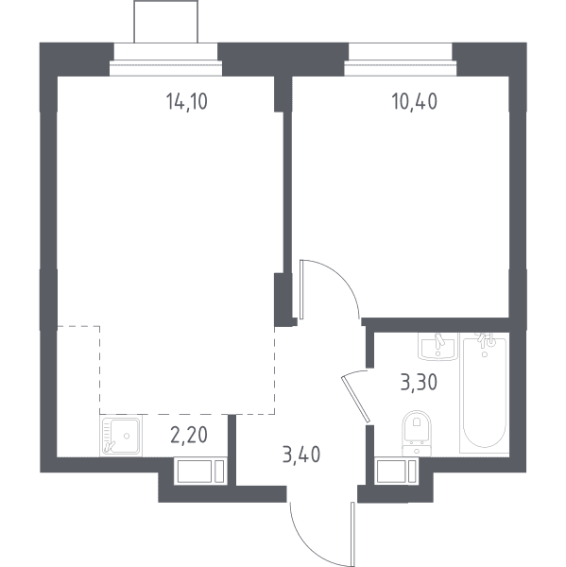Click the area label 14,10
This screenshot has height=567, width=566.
(x=186, y=101)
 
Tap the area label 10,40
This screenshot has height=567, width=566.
(x=415, y=101)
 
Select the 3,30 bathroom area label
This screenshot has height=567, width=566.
(x=420, y=382)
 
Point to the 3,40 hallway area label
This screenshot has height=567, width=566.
(x=301, y=455)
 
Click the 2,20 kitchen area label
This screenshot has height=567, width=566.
(x=189, y=435)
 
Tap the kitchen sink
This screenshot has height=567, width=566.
(x=121, y=436)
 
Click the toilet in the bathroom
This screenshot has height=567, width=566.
(x=417, y=432)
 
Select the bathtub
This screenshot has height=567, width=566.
(x=484, y=393)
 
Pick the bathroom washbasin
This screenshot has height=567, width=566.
(x=438, y=347)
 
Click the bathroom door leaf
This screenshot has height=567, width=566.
(x=355, y=399)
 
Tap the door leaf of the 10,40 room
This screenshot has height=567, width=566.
(x=301, y=290)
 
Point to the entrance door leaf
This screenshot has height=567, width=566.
(x=352, y=534)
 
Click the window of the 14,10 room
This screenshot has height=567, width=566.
(x=165, y=68)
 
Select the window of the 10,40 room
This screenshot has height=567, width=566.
(x=401, y=68)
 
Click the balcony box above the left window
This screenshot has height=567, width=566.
(x=166, y=22)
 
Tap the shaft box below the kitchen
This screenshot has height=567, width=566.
(x=200, y=472)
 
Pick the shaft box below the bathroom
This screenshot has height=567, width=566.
(x=396, y=472)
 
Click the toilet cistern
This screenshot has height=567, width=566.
(x=417, y=450)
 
